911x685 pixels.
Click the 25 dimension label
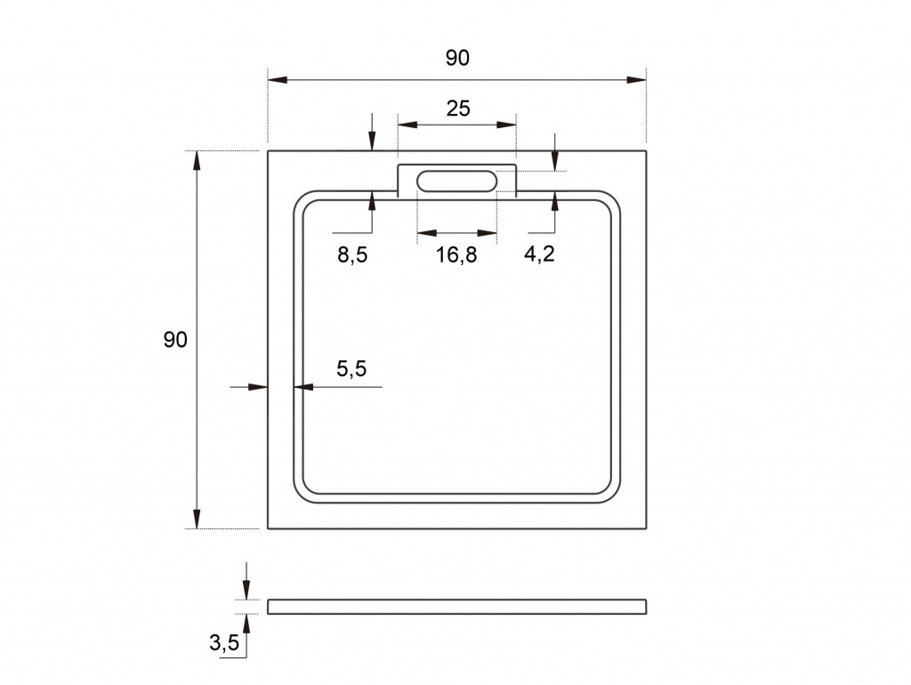click(x=458, y=109)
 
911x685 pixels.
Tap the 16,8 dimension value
click(x=456, y=254)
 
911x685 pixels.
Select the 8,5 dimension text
click(x=352, y=254)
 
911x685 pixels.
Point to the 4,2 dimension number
click(x=539, y=254)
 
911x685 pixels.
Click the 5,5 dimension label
click(x=351, y=368)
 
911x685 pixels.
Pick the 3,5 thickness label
click(x=224, y=642)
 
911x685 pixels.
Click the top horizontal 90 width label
click(x=457, y=58)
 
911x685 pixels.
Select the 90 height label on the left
click(x=175, y=340)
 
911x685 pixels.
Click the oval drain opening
click(x=456, y=181)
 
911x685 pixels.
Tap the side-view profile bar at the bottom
click(x=456, y=607)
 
